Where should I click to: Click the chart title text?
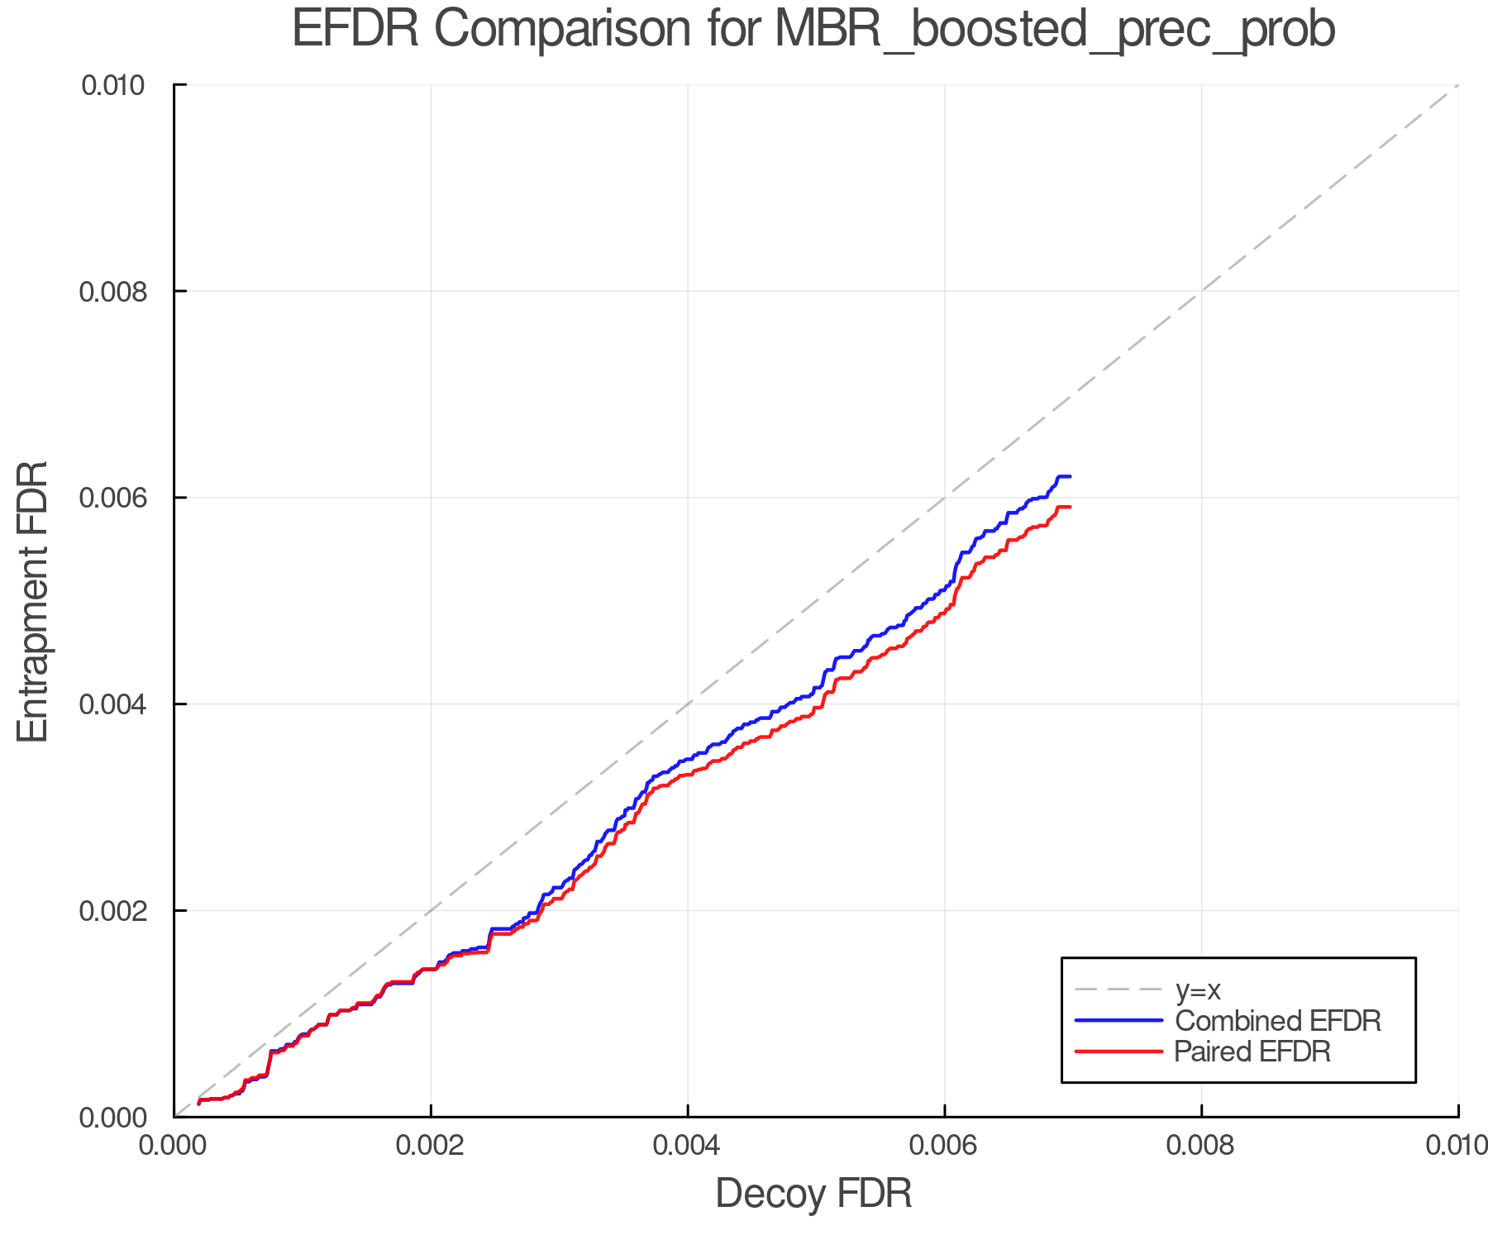point(813,30)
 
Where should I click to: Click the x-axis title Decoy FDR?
point(813,1194)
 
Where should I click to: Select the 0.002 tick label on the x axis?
point(431,1146)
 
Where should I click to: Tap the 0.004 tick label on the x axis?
point(688,1146)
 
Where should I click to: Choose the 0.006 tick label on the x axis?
point(944,1146)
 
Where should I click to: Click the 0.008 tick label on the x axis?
point(1201,1146)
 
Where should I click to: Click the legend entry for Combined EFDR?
point(1278,1021)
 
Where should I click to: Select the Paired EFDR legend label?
point(1252,1052)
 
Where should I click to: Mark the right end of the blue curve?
point(1070,476)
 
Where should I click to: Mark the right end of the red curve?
point(1070,507)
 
